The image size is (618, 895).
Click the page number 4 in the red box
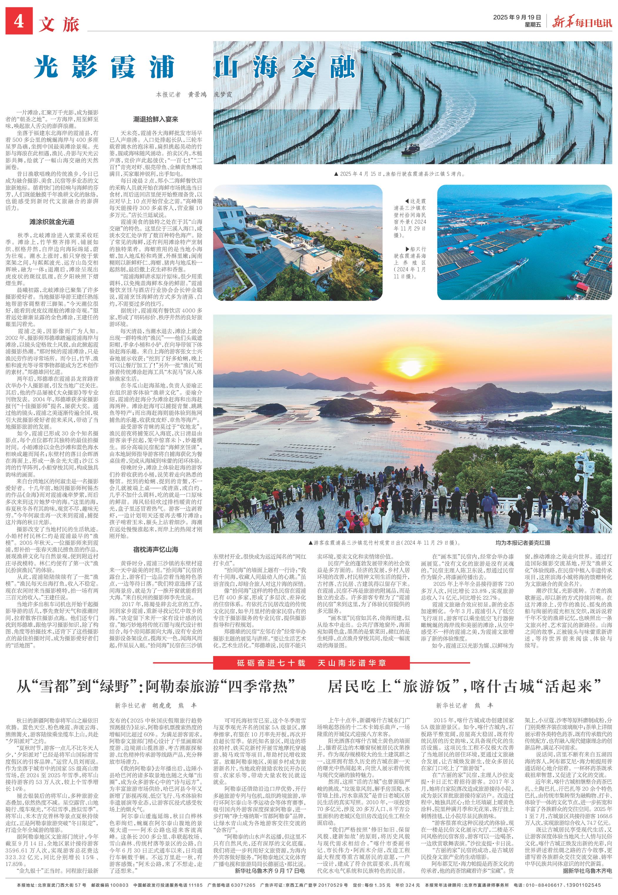19,22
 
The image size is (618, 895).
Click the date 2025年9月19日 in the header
517,17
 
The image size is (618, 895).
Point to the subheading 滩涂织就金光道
52,222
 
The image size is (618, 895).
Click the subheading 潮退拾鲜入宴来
156,120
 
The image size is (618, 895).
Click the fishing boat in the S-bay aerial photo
411,149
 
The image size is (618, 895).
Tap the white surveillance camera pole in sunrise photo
585,474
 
